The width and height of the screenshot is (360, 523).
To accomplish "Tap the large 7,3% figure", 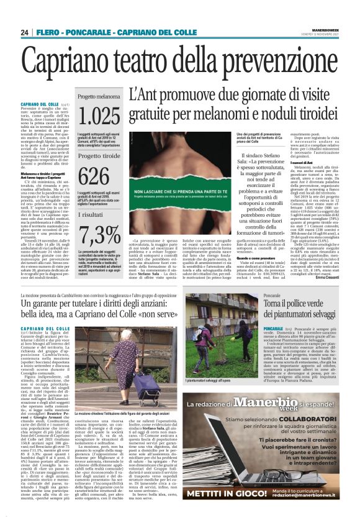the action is [x=99, y=235].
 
